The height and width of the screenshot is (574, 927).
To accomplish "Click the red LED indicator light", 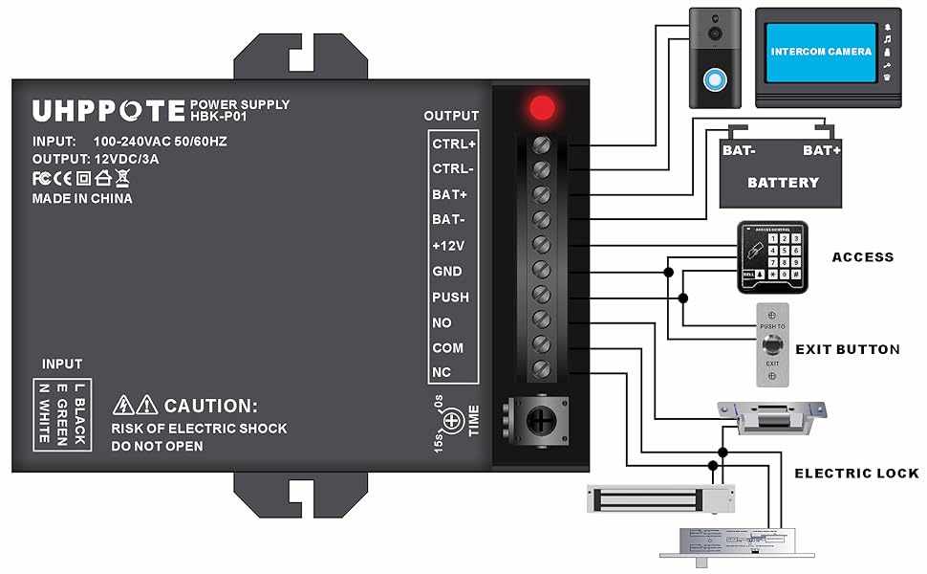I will pyautogui.click(x=543, y=107).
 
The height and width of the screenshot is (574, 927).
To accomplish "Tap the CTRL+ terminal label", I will pyautogui.click(x=453, y=143).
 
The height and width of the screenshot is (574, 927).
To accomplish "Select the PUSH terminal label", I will pyautogui.click(x=450, y=297).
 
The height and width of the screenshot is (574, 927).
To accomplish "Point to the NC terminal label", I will pyautogui.click(x=441, y=372).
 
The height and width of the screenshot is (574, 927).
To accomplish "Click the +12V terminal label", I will pyautogui.click(x=448, y=246).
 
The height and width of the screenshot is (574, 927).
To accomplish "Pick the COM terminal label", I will pyautogui.click(x=447, y=347).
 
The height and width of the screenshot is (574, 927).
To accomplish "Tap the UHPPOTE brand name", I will pyautogui.click(x=108, y=111).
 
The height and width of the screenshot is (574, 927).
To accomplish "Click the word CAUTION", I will pyautogui.click(x=210, y=406).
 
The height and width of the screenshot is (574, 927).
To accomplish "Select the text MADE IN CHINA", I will pyautogui.click(x=82, y=199).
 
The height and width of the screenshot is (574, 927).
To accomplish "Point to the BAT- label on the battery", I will pyautogui.click(x=739, y=151).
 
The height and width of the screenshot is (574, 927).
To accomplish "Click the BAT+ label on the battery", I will pyautogui.click(x=822, y=151).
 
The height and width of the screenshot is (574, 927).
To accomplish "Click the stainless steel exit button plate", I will pyautogui.click(x=773, y=345).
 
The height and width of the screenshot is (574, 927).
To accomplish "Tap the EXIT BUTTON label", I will pyautogui.click(x=848, y=349).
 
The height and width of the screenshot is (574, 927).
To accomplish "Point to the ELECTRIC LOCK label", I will pyautogui.click(x=856, y=473).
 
